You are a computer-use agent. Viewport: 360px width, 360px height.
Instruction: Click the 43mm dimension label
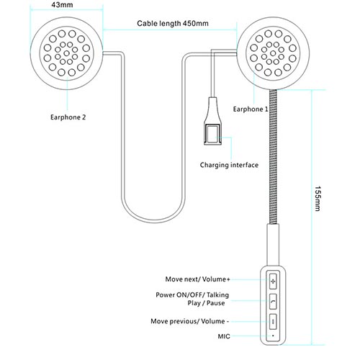pyautogui.click(x=62, y=5)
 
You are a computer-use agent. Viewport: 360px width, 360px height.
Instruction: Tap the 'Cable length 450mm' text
pyautogui.click(x=173, y=23)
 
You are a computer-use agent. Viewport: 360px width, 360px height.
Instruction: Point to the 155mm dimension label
pyautogui.click(x=318, y=198)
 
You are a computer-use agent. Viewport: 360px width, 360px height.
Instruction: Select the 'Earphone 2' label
pyautogui.click(x=68, y=117)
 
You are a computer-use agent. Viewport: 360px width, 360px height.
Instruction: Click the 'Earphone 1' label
pyautogui.click(x=251, y=109)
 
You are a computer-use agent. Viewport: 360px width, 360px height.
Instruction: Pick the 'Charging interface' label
pyautogui.click(x=229, y=165)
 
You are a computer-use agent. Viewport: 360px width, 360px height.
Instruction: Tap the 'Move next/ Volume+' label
pyautogui.click(x=197, y=279)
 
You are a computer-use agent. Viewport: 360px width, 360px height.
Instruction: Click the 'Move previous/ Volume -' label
pyautogui.click(x=189, y=321)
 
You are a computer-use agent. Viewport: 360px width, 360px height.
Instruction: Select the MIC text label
pyautogui.click(x=224, y=336)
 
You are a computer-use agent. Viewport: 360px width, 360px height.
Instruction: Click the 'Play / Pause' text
pyautogui.click(x=206, y=303)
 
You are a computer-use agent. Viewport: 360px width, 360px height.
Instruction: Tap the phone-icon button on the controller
pyautogui.click(x=273, y=302)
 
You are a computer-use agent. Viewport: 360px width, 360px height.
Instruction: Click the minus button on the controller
pyautogui.click(x=273, y=322)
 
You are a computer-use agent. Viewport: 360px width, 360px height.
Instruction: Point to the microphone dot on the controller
pyautogui.click(x=273, y=336)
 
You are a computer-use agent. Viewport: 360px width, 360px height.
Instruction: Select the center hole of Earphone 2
pyautogui.click(x=67, y=53)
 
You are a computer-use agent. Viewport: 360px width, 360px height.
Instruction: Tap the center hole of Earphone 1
pyautogui.click(x=273, y=53)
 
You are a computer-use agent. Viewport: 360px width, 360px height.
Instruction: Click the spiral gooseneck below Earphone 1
pyautogui.click(x=273, y=156)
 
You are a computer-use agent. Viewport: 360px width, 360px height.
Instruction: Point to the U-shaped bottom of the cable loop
pyautogui.click(x=153, y=221)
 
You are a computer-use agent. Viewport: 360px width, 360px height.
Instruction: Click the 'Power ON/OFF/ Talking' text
pyautogui.click(x=192, y=294)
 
